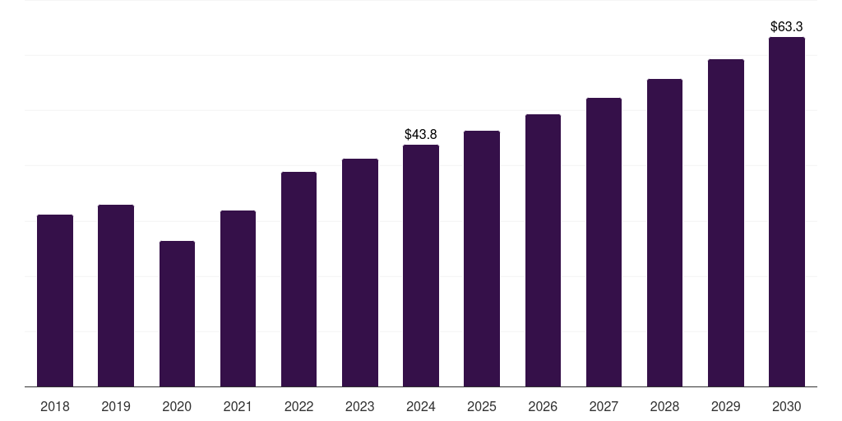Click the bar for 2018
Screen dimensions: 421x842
point(55,300)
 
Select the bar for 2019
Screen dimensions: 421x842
point(116,295)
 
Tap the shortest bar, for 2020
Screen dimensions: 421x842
point(177,313)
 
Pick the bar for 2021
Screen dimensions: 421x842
point(238,298)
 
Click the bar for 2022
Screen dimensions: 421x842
point(298,279)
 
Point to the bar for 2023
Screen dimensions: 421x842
point(360,272)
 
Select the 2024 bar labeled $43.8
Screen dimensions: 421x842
point(421,266)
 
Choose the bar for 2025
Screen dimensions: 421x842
point(482,258)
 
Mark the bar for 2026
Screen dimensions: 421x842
point(543,250)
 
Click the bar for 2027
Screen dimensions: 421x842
point(604,242)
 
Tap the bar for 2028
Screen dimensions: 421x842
point(664,233)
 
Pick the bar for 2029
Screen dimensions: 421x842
point(726,223)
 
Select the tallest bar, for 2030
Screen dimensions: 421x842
point(787,211)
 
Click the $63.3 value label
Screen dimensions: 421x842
point(787,26)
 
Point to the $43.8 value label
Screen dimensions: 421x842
point(421,134)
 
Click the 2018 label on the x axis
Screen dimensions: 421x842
point(55,407)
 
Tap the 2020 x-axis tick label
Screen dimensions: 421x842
point(177,407)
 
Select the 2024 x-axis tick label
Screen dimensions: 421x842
point(421,407)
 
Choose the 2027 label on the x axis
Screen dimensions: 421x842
point(604,407)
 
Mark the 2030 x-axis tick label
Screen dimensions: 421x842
point(787,407)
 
